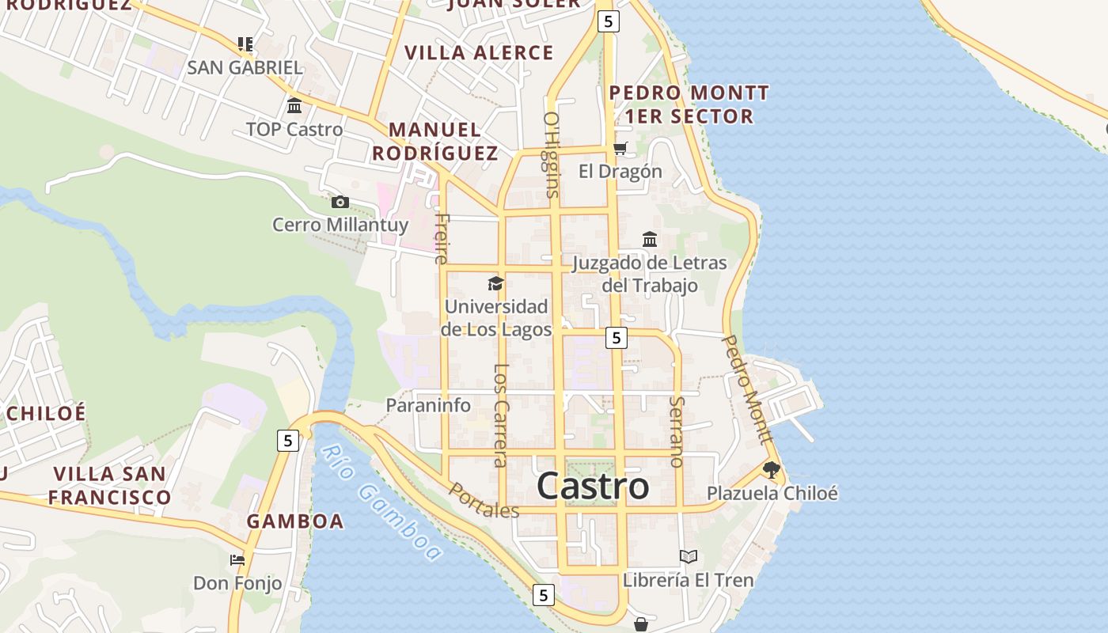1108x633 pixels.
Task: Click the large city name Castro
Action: [593, 487]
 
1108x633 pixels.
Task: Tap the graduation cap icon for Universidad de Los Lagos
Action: [495, 283]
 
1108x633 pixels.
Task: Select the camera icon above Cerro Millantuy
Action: [340, 202]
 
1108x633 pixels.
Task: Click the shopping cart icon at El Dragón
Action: [620, 149]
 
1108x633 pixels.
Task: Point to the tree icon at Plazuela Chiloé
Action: [772, 470]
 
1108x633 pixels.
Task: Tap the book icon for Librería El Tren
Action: [689, 557]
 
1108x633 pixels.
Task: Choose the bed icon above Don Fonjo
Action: [237, 560]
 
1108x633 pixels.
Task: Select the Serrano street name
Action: [676, 431]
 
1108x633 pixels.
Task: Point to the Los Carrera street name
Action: [500, 415]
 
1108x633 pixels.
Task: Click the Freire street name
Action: [442, 237]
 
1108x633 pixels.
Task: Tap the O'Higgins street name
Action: [552, 154]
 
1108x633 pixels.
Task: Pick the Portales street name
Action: [484, 501]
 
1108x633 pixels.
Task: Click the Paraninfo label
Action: [428, 406]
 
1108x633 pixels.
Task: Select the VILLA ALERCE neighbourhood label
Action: [479, 53]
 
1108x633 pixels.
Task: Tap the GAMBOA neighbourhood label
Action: [295, 521]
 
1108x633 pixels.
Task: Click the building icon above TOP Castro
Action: [294, 106]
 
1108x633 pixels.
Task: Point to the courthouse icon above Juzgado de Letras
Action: [650, 239]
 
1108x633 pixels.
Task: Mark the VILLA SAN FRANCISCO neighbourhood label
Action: [110, 486]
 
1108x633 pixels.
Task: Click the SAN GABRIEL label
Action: [245, 68]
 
